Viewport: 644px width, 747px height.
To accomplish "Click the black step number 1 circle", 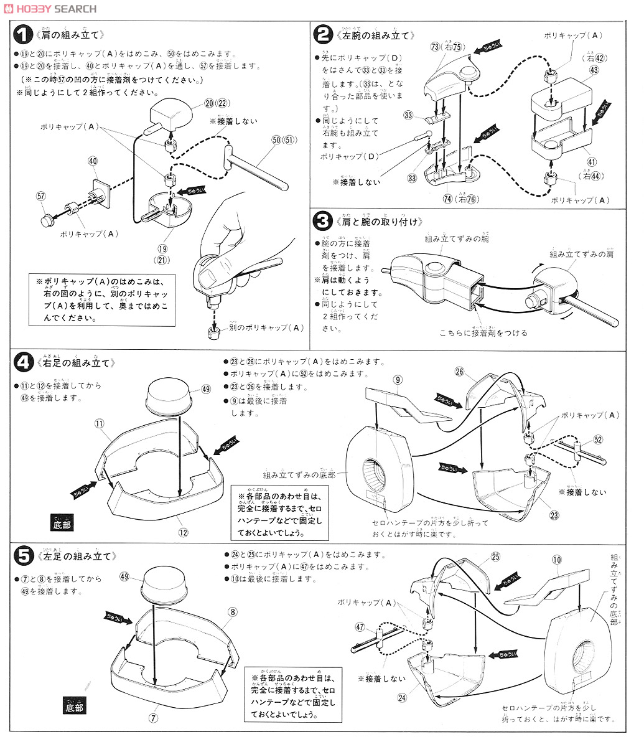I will (24, 35).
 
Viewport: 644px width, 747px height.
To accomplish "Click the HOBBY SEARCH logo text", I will (50, 8).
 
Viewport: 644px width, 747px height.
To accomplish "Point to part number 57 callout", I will (41, 196).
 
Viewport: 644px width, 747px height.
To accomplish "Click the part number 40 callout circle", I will (93, 161).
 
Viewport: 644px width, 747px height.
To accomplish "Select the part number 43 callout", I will (594, 71).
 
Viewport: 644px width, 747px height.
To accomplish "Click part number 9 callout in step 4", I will (398, 379).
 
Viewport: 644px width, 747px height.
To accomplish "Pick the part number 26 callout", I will (477, 372).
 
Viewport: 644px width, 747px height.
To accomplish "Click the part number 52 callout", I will (598, 440).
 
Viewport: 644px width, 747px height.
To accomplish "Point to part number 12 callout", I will (183, 532).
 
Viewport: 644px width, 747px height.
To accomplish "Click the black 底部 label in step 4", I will (63, 525).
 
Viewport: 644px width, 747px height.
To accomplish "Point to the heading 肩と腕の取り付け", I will (380, 222).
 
